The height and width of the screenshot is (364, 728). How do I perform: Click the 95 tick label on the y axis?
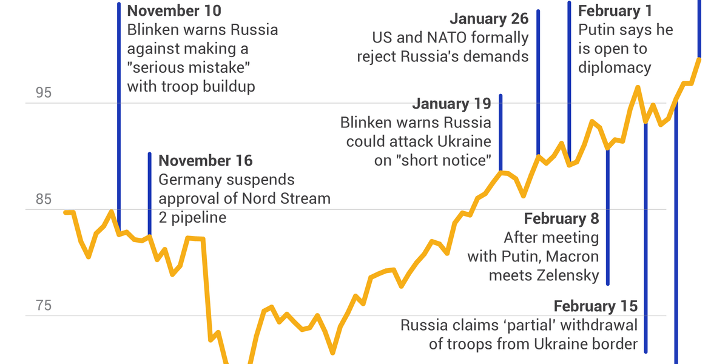point(44,93)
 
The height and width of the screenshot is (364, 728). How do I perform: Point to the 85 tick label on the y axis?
point(44,200)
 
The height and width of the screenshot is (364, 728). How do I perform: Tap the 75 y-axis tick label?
point(44,306)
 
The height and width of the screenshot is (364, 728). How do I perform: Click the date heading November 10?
point(174,11)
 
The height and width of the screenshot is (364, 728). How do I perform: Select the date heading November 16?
point(205,161)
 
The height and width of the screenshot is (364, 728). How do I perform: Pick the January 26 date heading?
point(489,19)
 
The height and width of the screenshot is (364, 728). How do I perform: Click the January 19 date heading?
point(451,104)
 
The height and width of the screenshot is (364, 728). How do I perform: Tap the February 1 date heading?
point(618,11)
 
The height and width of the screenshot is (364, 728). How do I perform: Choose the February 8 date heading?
point(561,218)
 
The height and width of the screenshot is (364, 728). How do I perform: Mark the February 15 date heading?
point(595,306)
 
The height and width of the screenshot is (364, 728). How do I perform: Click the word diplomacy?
point(615,67)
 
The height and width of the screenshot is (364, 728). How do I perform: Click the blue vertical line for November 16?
point(149,194)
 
